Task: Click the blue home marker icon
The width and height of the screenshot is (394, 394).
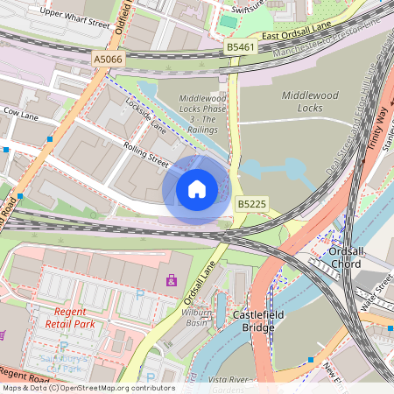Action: tap(197, 189)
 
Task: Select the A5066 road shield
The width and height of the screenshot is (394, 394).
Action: tap(107, 59)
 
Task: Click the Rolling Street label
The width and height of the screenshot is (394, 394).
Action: tap(145, 154)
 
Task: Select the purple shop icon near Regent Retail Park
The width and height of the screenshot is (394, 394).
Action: tap(172, 281)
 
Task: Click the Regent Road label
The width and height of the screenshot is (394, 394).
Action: tap(25, 376)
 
